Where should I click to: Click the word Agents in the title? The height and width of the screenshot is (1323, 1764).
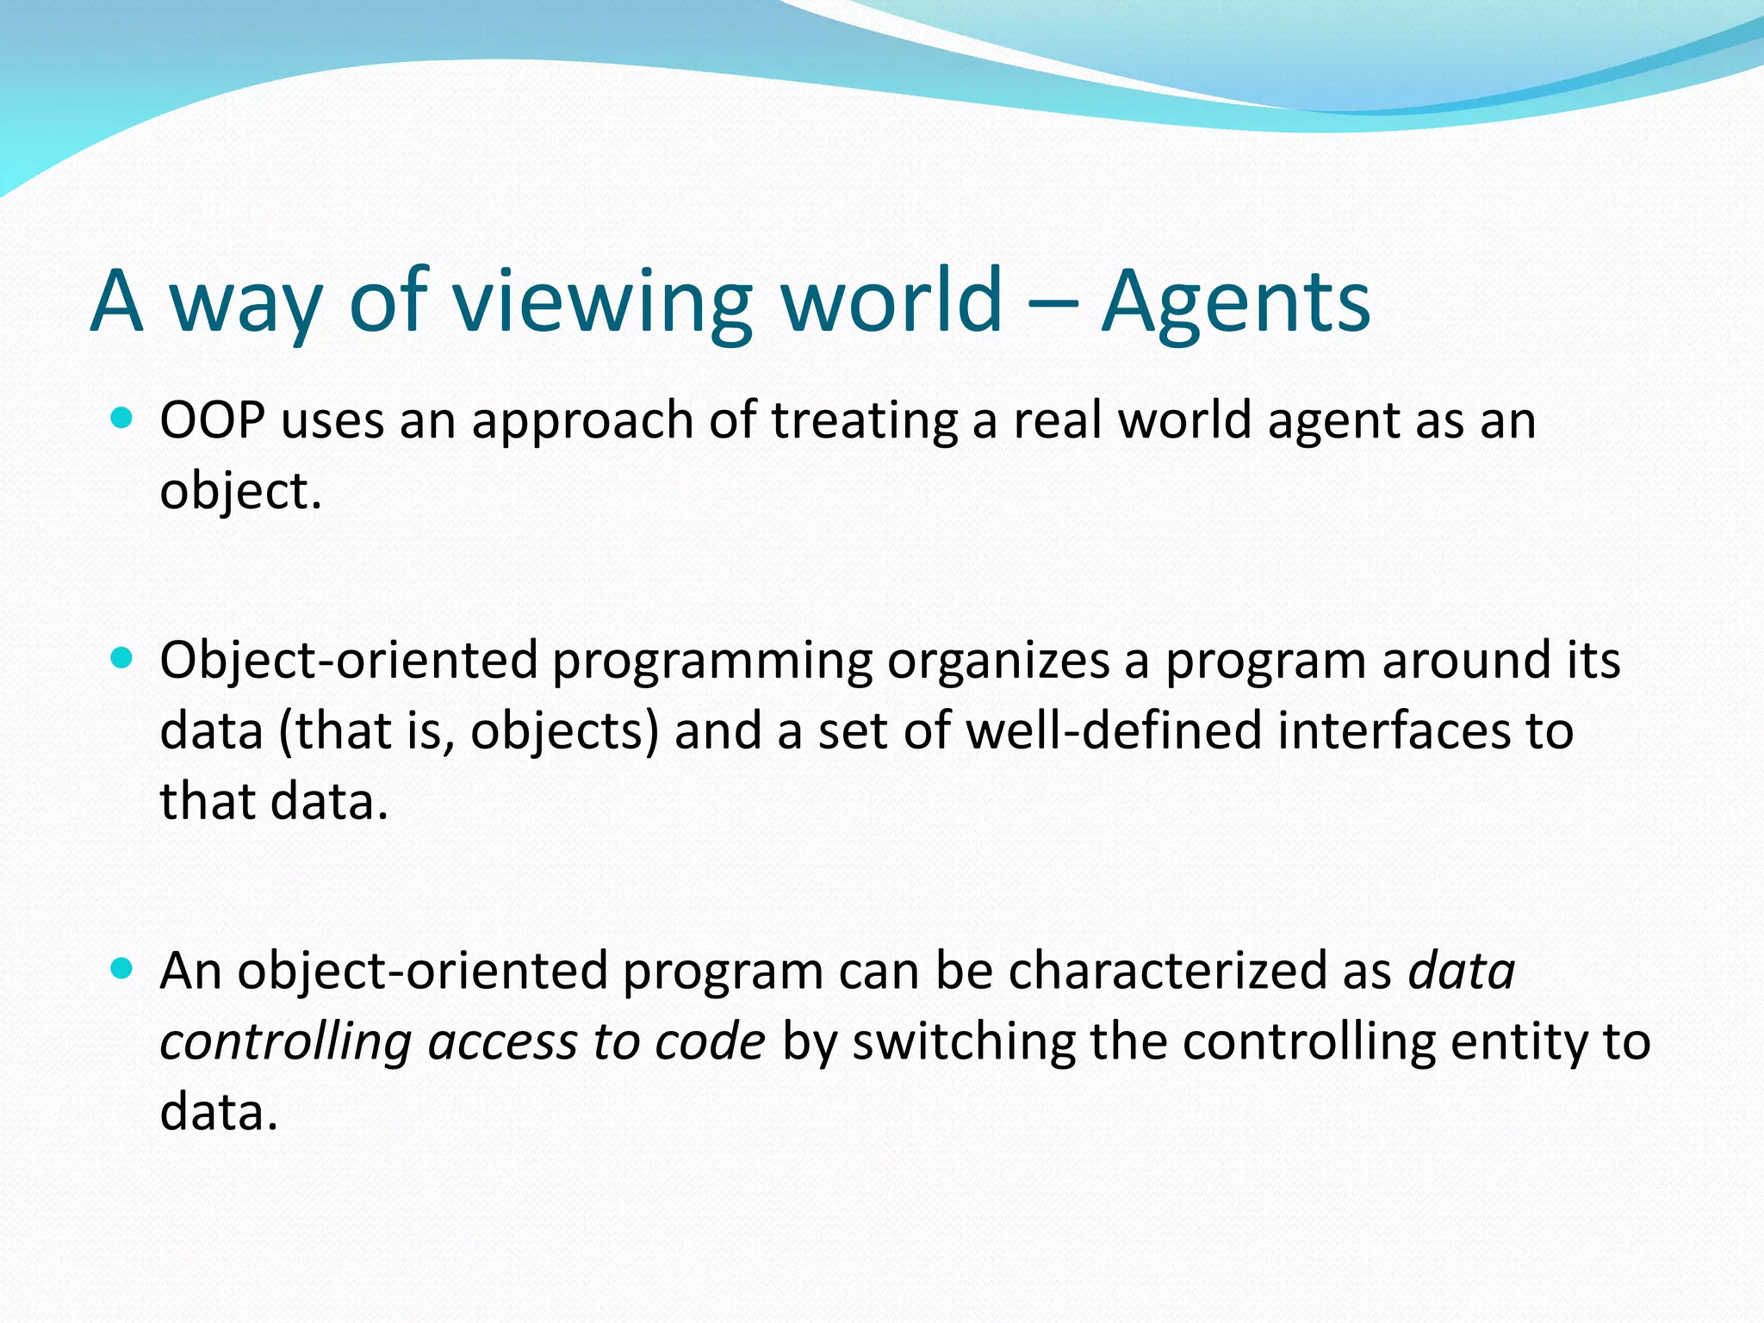pos(1235,301)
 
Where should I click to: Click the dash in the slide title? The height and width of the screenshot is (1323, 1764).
pos(1053,303)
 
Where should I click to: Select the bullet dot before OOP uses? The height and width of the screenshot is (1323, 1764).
pos(122,419)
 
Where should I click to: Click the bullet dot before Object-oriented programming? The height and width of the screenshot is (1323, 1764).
pos(122,659)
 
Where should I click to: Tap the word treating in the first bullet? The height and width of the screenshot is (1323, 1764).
pos(864,422)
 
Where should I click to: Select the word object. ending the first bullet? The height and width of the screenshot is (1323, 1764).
pos(240,493)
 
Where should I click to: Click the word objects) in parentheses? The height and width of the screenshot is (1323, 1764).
pos(564,732)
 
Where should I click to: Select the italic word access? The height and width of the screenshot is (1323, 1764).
pos(502,1042)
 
